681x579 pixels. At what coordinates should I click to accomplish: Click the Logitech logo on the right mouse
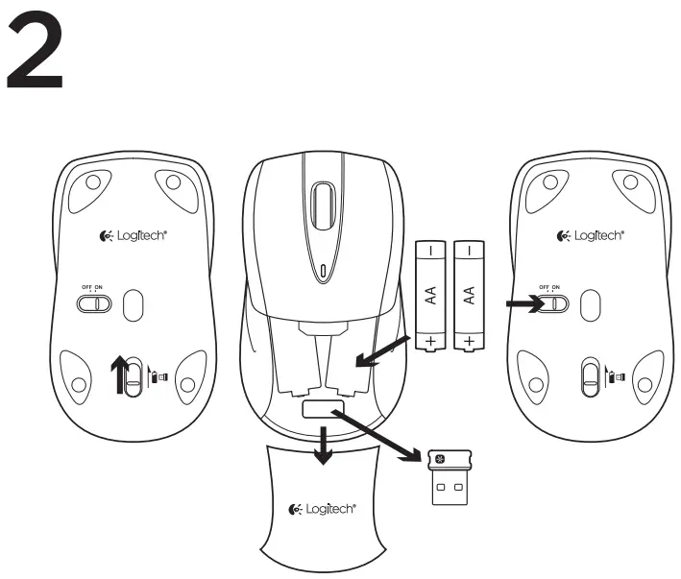pos(590,236)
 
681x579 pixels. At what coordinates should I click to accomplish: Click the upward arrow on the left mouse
pos(119,374)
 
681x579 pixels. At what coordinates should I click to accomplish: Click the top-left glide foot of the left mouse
pos(91,181)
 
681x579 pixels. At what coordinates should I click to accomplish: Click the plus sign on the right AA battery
pos(468,340)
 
